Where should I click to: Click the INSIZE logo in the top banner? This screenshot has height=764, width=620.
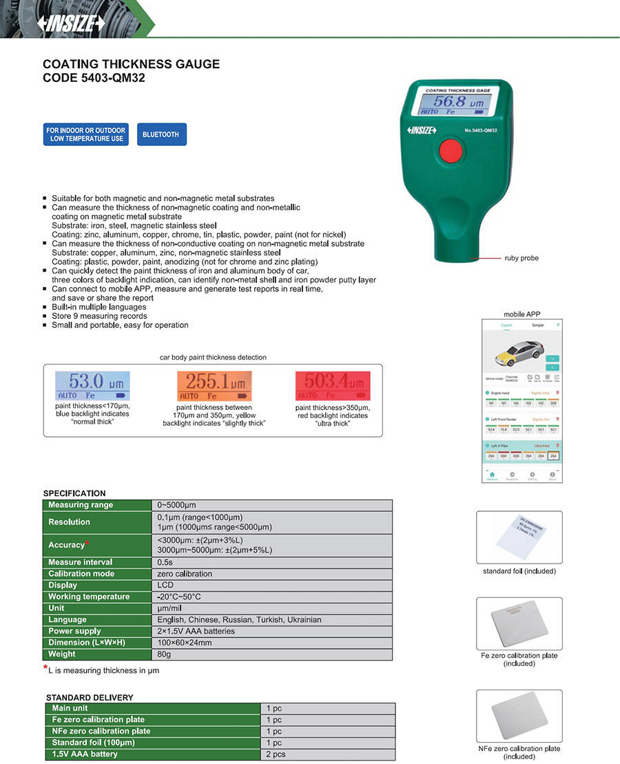click(x=72, y=23)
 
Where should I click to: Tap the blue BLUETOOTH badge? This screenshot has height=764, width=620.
click(x=161, y=134)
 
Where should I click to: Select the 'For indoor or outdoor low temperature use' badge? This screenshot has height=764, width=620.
click(x=85, y=134)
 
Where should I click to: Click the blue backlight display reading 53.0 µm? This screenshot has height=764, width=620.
click(x=92, y=386)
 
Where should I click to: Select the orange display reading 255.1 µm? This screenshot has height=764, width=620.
click(x=215, y=386)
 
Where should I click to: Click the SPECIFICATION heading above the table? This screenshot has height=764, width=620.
click(x=74, y=493)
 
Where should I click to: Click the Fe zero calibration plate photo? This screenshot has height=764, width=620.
click(x=519, y=623)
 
